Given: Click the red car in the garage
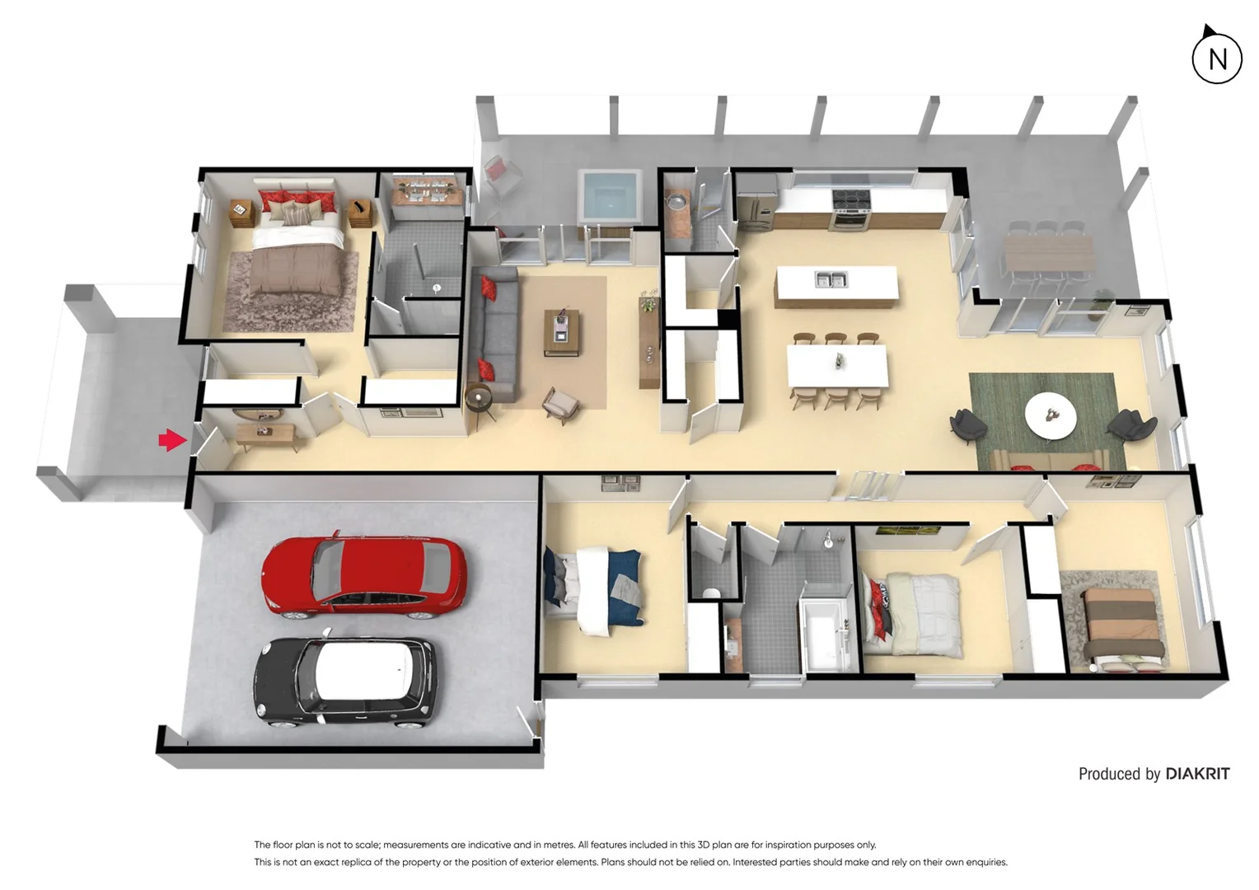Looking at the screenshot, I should pyautogui.click(x=363, y=576).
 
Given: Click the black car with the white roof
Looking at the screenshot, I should pyautogui.click(x=344, y=682).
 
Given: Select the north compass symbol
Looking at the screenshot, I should pyautogui.click(x=1216, y=58).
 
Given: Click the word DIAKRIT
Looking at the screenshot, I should pyautogui.click(x=1196, y=774).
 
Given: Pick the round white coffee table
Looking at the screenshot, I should pyautogui.click(x=1050, y=416).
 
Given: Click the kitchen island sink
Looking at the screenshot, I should pyautogui.click(x=831, y=280).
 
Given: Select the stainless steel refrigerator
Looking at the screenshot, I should pyautogui.click(x=756, y=209).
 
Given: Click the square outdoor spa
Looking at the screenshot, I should pyautogui.click(x=610, y=195).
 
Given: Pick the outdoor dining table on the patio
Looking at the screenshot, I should pyautogui.click(x=1049, y=253).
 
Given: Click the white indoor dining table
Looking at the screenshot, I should pyautogui.click(x=836, y=365).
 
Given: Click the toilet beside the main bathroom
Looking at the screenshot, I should pyautogui.click(x=710, y=592).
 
